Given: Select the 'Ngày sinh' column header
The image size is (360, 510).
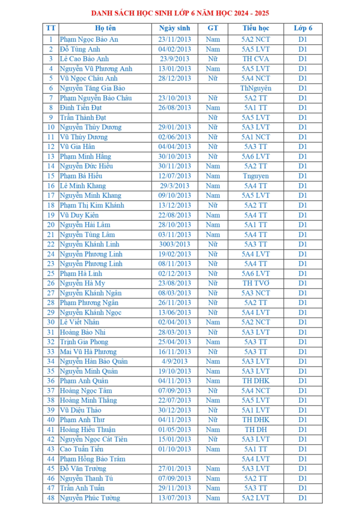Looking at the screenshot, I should tap(174, 28).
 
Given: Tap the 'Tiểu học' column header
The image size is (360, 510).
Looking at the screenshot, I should tap(255, 28).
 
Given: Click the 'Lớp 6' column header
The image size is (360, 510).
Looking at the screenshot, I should tap(303, 28).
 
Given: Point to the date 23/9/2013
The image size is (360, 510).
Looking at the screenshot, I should tap(174, 59).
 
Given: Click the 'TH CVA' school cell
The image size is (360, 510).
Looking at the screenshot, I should tap(255, 59).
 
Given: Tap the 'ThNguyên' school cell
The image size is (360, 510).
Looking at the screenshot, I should tap(255, 88).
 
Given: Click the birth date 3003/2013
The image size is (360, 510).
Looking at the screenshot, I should tap(174, 244).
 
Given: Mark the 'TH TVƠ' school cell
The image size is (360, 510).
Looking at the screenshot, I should tap(255, 283).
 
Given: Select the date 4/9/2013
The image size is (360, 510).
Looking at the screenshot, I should tap(174, 361).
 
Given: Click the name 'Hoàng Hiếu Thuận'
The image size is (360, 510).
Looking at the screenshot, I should tap(87, 429).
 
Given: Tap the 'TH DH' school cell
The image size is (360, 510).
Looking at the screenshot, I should tap(255, 429).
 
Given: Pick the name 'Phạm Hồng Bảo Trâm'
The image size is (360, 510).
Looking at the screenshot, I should tap(92, 459).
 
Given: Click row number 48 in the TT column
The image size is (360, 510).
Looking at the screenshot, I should tap(50, 498).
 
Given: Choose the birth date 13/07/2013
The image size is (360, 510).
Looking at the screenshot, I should tap(174, 498).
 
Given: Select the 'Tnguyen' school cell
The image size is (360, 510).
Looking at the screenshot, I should tap(255, 176).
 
